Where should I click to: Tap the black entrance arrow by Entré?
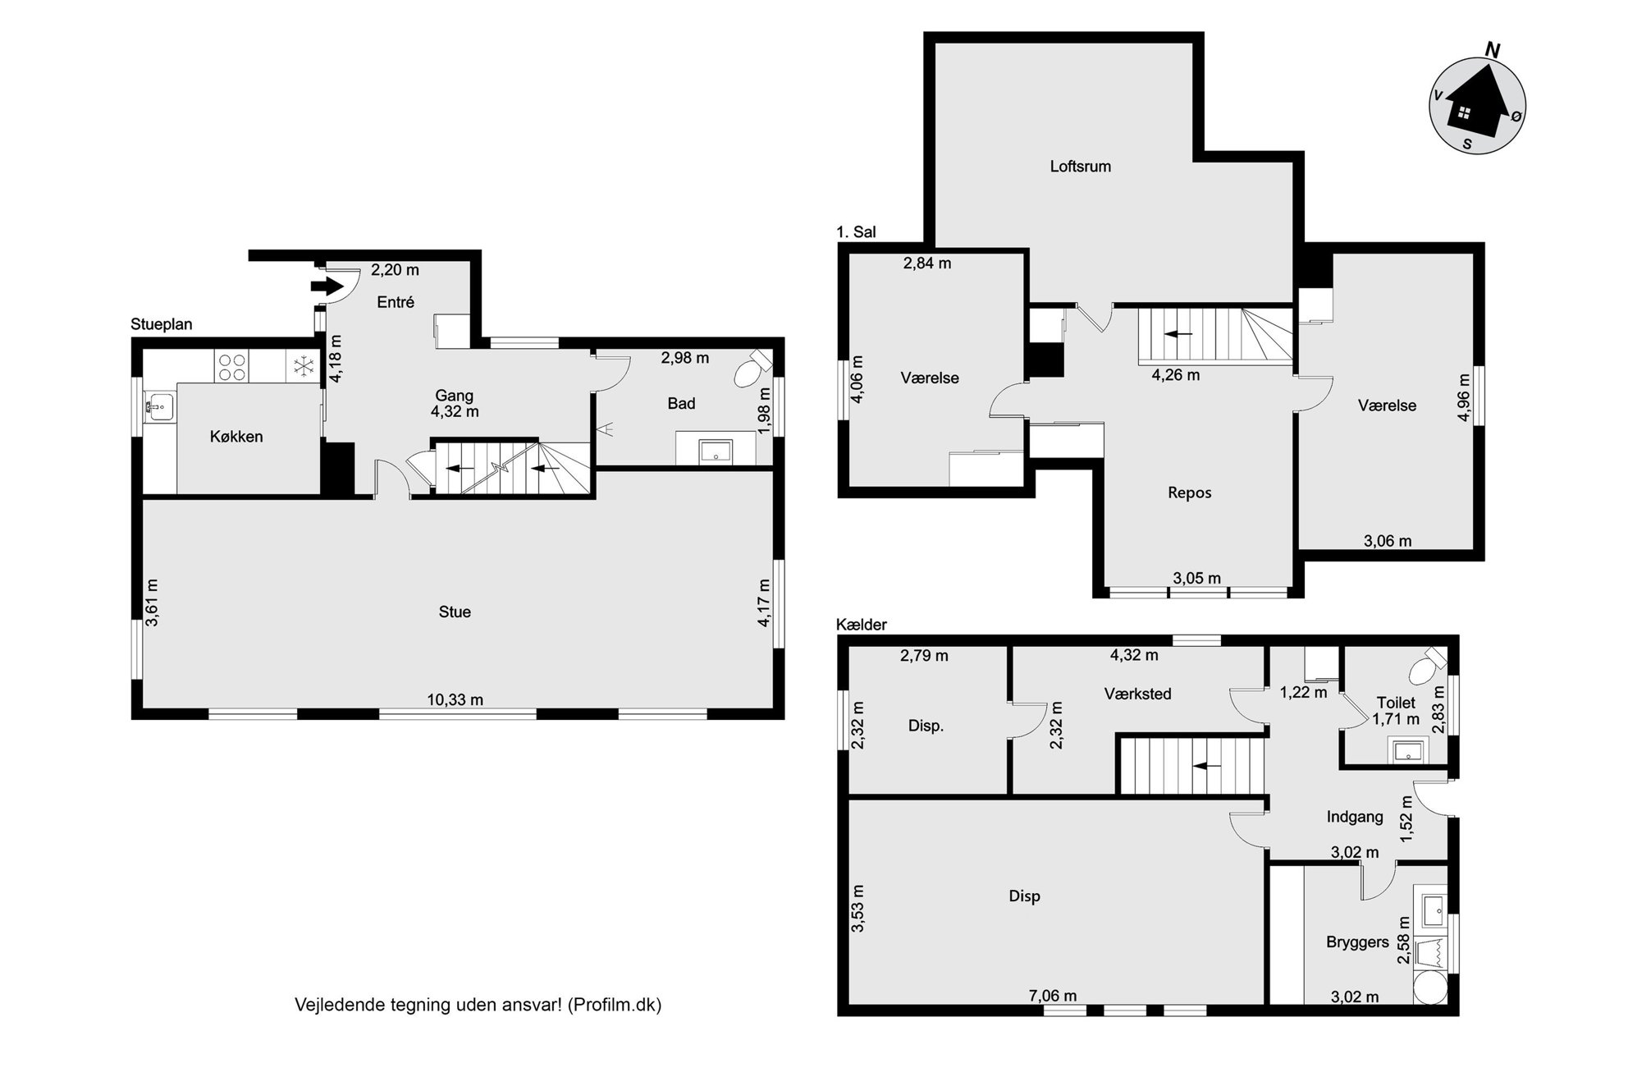click(327, 286)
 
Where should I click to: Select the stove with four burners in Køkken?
click(231, 366)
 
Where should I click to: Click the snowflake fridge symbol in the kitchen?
click(303, 366)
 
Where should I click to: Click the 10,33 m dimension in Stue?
click(455, 699)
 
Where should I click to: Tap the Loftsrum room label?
click(1080, 166)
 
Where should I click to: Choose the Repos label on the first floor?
click(1189, 493)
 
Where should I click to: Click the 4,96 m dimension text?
click(1463, 398)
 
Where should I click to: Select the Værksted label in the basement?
click(1137, 694)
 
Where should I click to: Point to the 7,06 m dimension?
click(1052, 996)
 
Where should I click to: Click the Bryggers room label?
click(1357, 942)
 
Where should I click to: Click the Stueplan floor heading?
click(162, 324)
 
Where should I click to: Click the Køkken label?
click(236, 437)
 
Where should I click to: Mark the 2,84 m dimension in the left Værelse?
click(926, 263)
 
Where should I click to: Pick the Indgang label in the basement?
click(1355, 817)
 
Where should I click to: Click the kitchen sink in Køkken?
click(160, 405)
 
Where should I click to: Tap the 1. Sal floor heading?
click(856, 232)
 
